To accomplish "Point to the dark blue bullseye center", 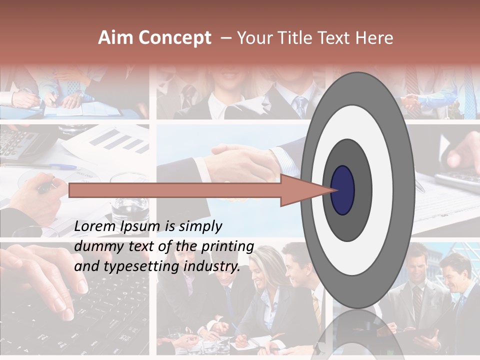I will pyautogui.click(x=342, y=190).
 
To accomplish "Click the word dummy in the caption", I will pyautogui.click(x=95, y=246).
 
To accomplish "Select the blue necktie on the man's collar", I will pyautogui.click(x=300, y=105).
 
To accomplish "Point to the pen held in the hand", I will pyautogui.click(x=45, y=187).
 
